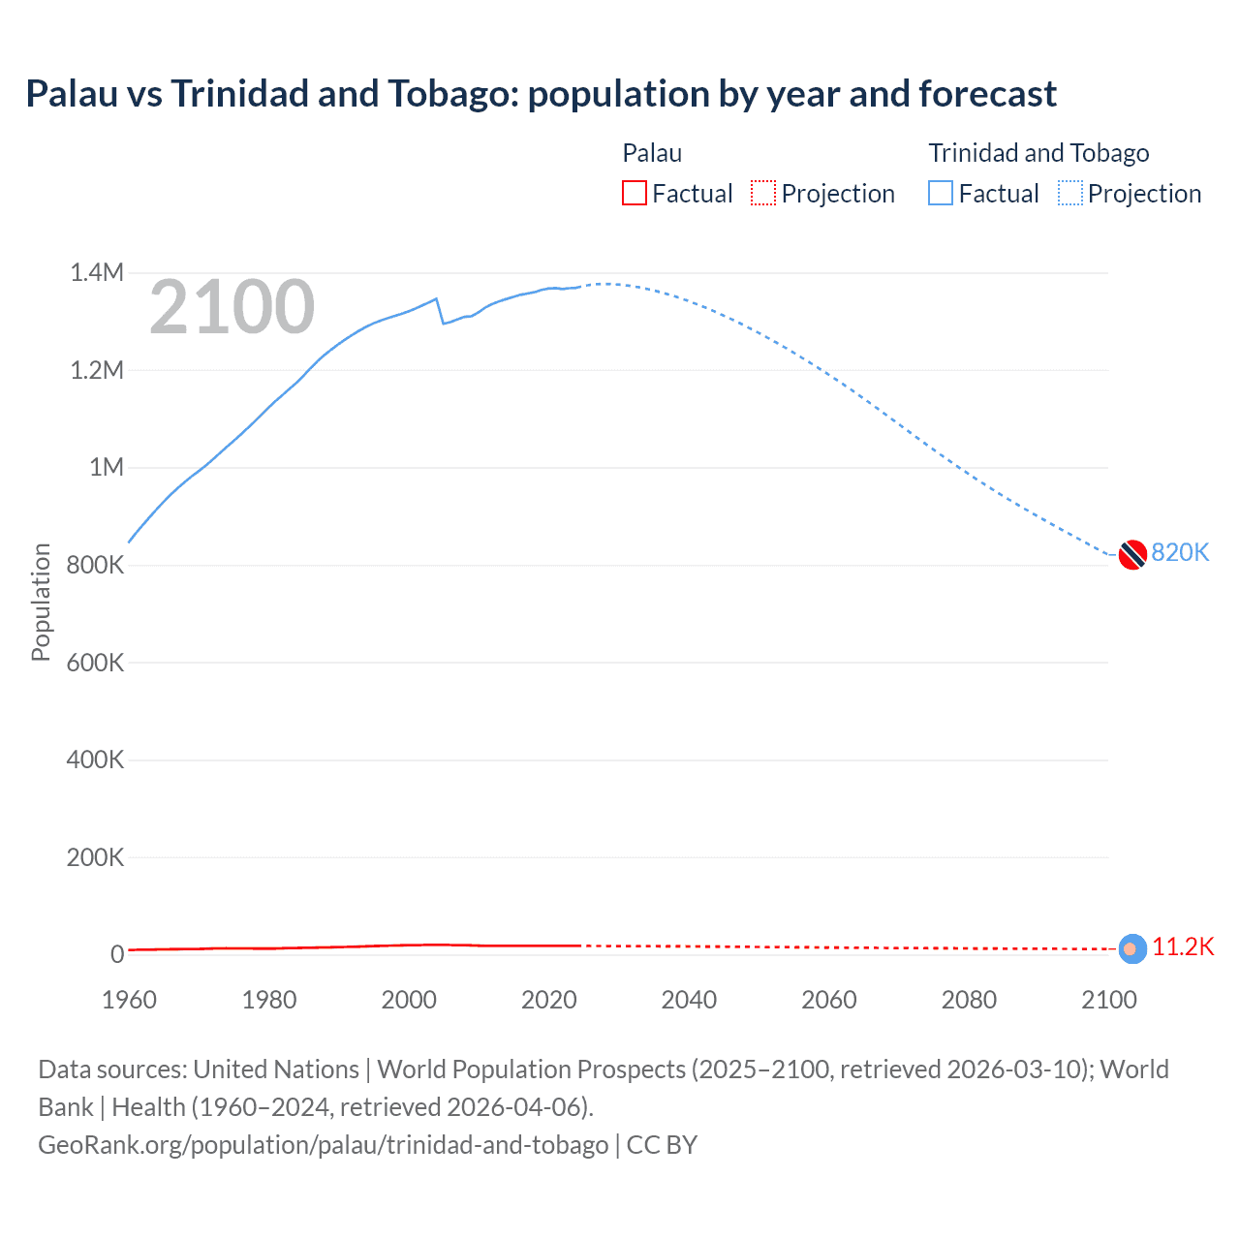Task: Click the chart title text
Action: pos(541,94)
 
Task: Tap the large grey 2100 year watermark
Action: pos(232,307)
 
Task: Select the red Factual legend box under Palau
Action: pos(634,193)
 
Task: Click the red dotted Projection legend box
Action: pos(762,193)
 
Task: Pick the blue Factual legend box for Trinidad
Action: pos(940,193)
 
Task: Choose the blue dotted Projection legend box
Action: pos(1069,193)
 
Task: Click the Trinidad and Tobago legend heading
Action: pos(1038,153)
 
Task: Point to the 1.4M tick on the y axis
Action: pos(97,272)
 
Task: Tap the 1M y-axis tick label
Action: pos(107,467)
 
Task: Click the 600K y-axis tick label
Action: pos(95,663)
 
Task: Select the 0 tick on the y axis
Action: pos(117,954)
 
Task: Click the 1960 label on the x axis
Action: pos(129,1000)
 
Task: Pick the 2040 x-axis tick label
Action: pos(689,1000)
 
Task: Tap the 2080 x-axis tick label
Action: pos(969,1000)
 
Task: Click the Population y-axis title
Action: pos(41,602)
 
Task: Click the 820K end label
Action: pos(1180,552)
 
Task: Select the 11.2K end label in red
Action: pos(1182,946)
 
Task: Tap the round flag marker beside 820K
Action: pos(1132,555)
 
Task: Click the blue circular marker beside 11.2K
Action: pos(1132,949)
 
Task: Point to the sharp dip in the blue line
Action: pos(443,323)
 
